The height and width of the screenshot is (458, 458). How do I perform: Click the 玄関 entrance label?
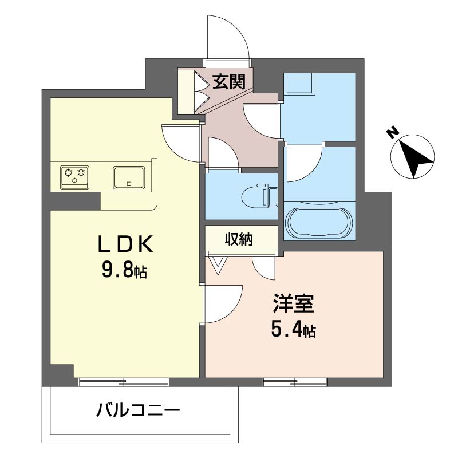tap(229, 82)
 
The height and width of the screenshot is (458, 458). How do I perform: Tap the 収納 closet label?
tap(238, 239)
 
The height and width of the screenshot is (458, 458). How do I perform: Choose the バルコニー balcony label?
tap(138, 410)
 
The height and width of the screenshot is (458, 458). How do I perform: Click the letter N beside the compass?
tap(392, 132)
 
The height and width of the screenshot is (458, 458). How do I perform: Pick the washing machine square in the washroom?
tap(299, 84)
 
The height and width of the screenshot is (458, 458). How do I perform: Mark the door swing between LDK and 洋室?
tap(222, 303)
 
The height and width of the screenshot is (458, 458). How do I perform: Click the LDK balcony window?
tap(124, 381)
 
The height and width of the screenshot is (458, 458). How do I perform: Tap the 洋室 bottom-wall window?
tap(295, 381)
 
